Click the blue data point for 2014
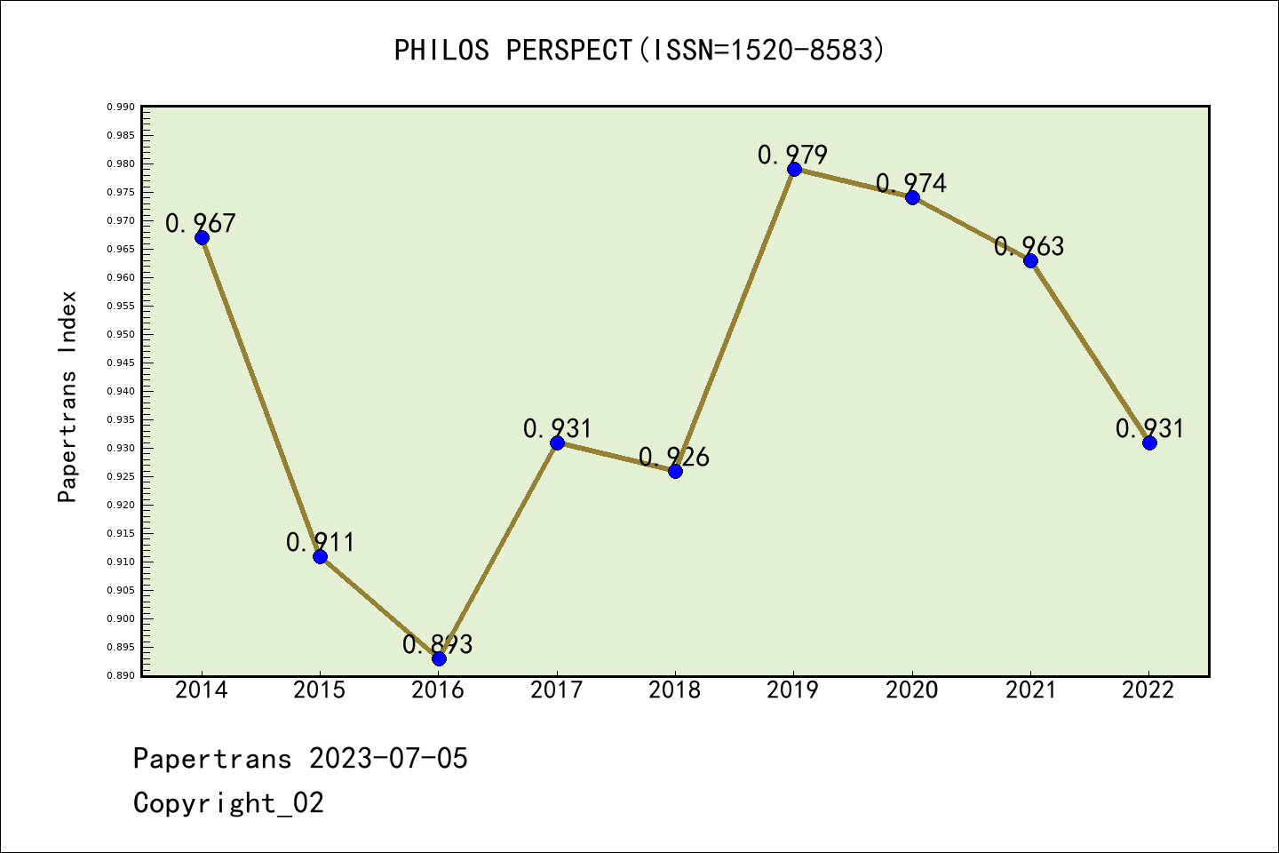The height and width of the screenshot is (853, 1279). (x=202, y=237)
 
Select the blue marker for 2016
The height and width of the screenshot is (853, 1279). (x=439, y=658)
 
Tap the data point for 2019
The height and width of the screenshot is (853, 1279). (x=794, y=169)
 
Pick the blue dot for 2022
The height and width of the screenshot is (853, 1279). (x=1149, y=442)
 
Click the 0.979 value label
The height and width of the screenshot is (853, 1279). (x=792, y=155)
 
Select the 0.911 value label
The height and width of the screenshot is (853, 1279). (x=320, y=542)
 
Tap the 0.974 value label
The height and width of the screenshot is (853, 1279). (x=911, y=183)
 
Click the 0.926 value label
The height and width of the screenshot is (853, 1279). (x=674, y=457)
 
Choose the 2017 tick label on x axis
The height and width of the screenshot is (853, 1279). (x=556, y=690)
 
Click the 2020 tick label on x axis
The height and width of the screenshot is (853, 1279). (x=911, y=690)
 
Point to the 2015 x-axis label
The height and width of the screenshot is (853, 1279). (x=320, y=690)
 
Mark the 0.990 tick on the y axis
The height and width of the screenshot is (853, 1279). (x=121, y=107)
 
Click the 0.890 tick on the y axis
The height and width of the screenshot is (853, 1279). (x=121, y=675)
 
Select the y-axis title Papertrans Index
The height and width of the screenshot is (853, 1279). (x=68, y=396)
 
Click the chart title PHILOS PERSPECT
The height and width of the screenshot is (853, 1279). (x=512, y=51)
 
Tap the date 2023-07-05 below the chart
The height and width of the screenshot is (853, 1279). (x=388, y=759)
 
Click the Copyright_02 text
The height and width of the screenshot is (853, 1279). (x=228, y=803)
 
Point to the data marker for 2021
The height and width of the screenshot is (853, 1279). (x=1030, y=260)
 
